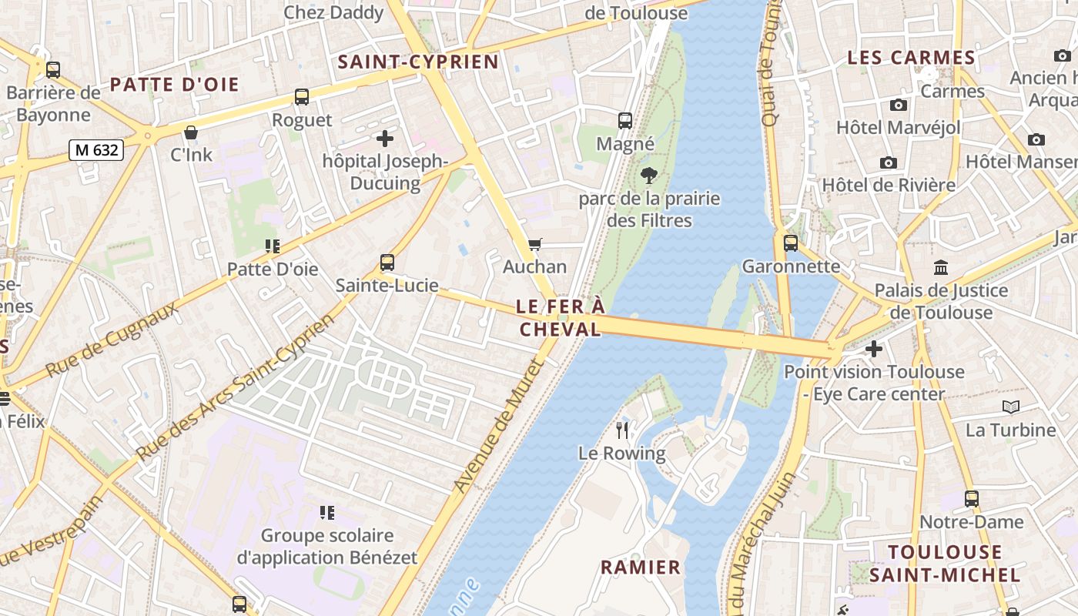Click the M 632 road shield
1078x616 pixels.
(x=96, y=149)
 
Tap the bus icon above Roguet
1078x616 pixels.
(x=302, y=97)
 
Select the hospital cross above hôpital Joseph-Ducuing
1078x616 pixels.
(x=384, y=139)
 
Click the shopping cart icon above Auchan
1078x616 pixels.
(x=534, y=244)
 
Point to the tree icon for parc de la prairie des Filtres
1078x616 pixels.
(x=649, y=176)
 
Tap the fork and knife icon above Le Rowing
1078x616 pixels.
(x=622, y=430)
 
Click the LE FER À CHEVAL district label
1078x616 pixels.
(x=560, y=318)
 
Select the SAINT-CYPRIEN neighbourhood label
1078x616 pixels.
(x=419, y=62)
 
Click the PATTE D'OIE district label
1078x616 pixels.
(x=175, y=85)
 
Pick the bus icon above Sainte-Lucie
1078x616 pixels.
(x=387, y=262)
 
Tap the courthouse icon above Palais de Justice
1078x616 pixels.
(x=940, y=268)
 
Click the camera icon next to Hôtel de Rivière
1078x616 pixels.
(x=889, y=162)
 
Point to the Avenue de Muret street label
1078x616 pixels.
(x=498, y=428)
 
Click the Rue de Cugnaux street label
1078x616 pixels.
(x=112, y=339)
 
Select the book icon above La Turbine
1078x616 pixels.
(x=1010, y=407)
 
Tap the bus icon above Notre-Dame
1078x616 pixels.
(x=972, y=498)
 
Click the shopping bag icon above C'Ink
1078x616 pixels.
(x=191, y=132)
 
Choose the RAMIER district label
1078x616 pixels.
(x=641, y=567)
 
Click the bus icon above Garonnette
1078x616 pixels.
(x=791, y=243)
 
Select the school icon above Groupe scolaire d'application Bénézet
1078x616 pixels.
(x=326, y=512)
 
